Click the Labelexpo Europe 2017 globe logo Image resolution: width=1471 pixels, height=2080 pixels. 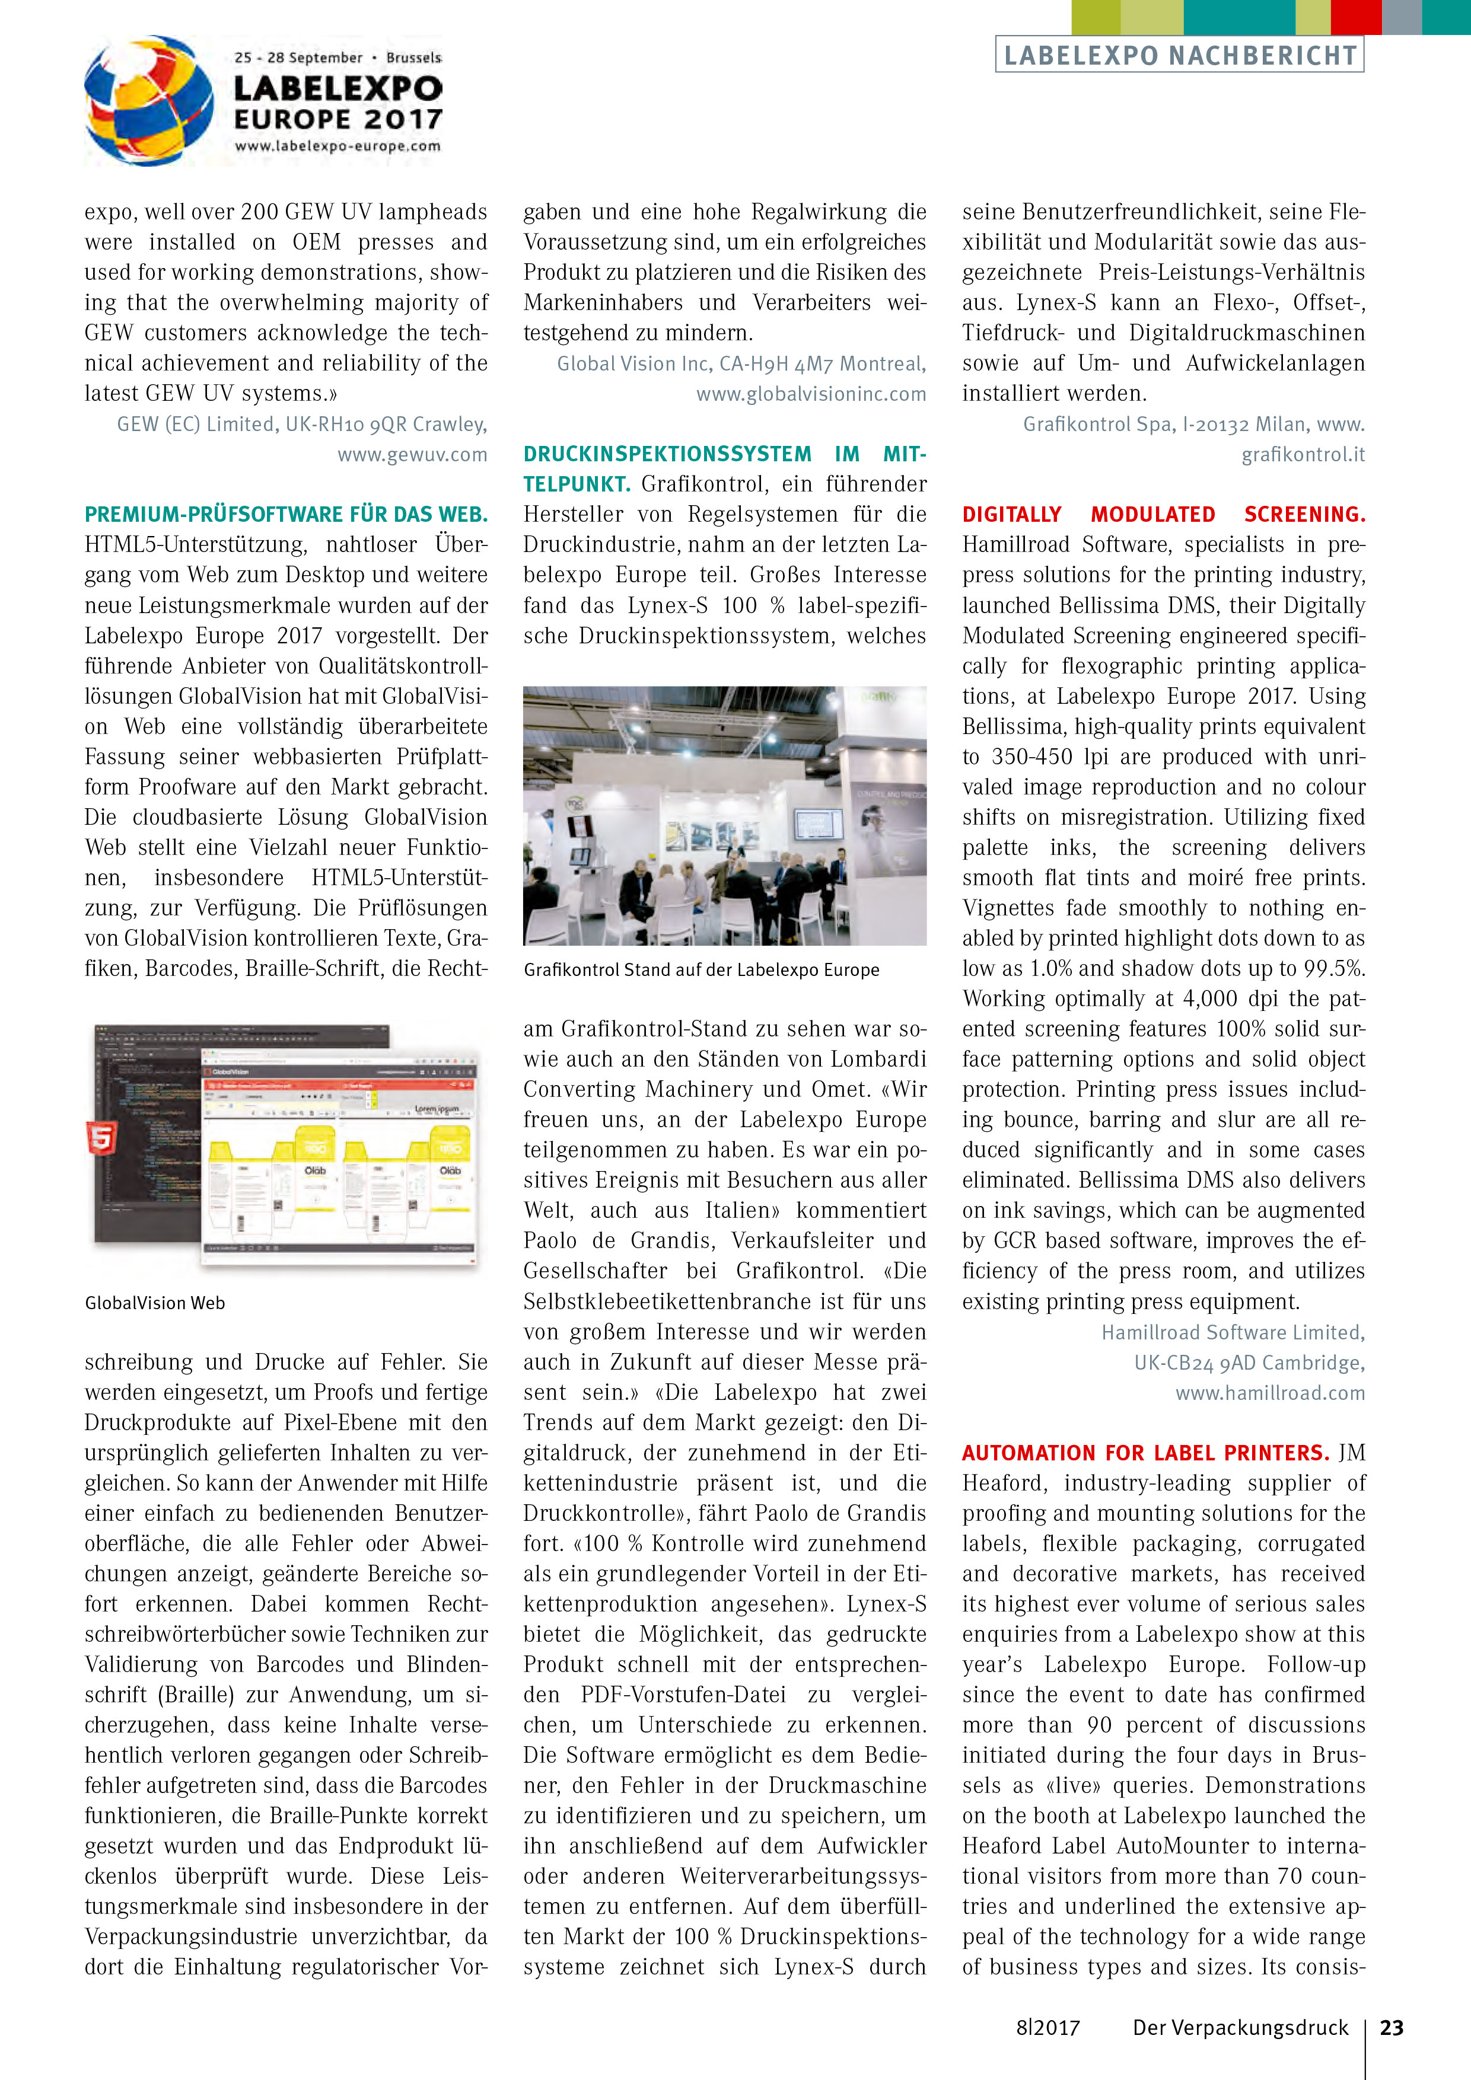coord(149,101)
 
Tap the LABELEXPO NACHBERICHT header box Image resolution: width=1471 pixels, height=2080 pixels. coord(1179,55)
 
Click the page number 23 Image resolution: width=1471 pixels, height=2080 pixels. coord(1392,2027)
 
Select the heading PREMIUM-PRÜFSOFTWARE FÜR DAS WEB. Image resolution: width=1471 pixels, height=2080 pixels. coord(285,515)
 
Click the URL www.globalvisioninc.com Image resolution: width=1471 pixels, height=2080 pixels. coord(811,394)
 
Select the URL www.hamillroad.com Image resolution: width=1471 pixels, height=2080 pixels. coord(1270,1393)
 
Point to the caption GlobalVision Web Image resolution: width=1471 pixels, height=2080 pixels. coord(155,1303)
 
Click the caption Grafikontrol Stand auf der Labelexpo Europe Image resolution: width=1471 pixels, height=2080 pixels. coord(702,970)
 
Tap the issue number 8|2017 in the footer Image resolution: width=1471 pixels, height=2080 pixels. coord(1047,2027)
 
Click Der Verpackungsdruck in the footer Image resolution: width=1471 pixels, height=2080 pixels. coord(1240,2027)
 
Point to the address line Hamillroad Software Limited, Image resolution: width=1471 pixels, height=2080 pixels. coord(1233,1333)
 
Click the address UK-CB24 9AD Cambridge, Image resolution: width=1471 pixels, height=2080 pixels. coord(1249,1363)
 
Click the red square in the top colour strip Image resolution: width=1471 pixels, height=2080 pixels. coord(1356,17)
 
